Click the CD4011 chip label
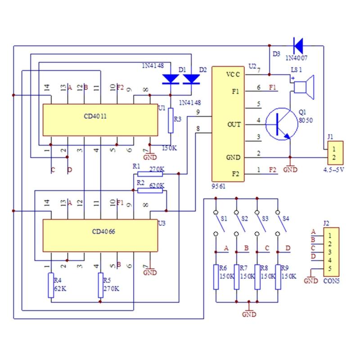click(95, 116)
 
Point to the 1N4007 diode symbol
click(297, 45)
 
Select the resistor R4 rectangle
click(51, 285)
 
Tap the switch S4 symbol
click(279, 222)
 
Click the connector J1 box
click(335, 153)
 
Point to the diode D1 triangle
click(171, 79)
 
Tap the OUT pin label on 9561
click(234, 124)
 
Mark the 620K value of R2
click(157, 185)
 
